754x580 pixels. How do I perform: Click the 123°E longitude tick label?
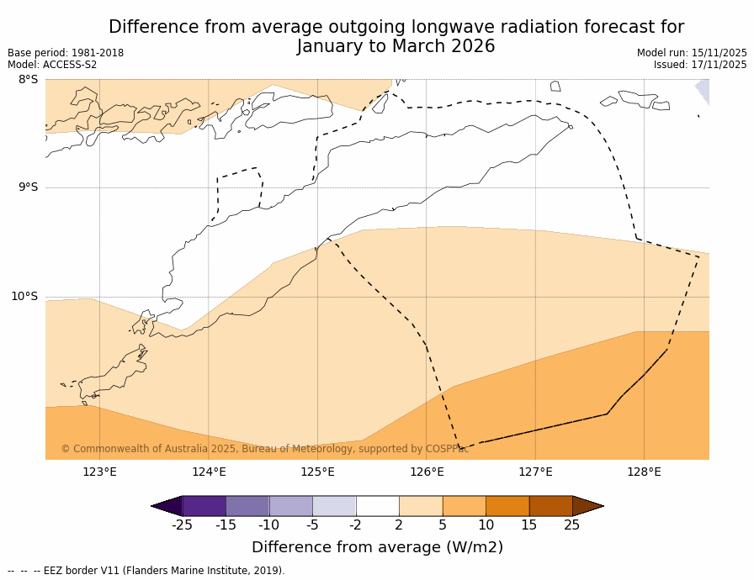click(x=99, y=472)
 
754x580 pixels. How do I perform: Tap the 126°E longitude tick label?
click(x=427, y=472)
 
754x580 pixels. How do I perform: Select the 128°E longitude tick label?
click(x=644, y=472)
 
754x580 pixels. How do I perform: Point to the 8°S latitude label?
click(x=28, y=80)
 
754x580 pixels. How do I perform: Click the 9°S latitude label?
click(x=28, y=187)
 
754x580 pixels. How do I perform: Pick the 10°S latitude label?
click(x=24, y=296)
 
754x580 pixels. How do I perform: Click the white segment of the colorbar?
click(x=377, y=506)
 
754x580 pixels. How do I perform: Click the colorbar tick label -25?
click(x=182, y=525)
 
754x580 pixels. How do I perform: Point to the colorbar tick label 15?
click(x=528, y=525)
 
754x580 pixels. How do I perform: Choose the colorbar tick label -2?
click(x=356, y=525)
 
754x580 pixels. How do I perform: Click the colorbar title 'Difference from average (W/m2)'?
click(x=377, y=547)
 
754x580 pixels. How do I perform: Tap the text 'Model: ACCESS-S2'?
click(x=52, y=65)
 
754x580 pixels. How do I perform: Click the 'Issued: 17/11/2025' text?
click(x=700, y=65)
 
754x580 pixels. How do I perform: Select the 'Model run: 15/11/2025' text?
click(x=692, y=53)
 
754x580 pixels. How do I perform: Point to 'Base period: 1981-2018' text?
click(x=66, y=53)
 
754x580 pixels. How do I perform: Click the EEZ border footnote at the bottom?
click(x=146, y=571)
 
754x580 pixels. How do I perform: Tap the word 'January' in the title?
click(x=334, y=46)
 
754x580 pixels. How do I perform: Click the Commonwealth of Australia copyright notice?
click(x=265, y=449)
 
